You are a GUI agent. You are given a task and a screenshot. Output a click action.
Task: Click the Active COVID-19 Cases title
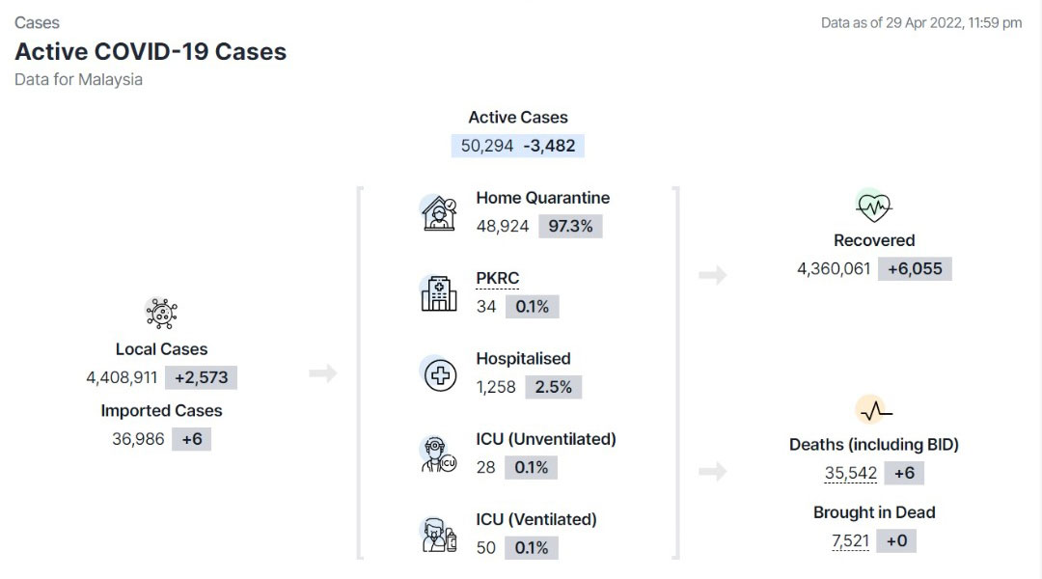[151, 51]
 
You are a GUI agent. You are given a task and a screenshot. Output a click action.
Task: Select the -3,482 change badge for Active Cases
[550, 146]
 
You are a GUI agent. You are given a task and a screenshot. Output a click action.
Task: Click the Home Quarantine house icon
[439, 212]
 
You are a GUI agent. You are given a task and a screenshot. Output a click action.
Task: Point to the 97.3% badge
[570, 226]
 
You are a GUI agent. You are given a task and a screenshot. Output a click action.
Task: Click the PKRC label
[498, 278]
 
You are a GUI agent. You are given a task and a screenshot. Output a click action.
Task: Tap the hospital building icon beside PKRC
[439, 293]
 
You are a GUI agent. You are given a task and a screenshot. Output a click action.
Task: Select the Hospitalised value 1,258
[496, 387]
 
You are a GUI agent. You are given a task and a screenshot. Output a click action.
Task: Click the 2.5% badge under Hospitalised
[554, 387]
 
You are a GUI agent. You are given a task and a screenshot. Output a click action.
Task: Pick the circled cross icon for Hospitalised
[440, 375]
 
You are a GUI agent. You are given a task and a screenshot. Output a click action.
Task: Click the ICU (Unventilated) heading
[545, 439]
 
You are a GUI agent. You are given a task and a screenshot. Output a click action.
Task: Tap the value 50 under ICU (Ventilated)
[485, 548]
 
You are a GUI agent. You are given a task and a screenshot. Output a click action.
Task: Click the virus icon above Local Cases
[161, 313]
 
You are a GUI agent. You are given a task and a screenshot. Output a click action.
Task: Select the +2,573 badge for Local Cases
[202, 377]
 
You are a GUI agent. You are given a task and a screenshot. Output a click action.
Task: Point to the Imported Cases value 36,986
[138, 439]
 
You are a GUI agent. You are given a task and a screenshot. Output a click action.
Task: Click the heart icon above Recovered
[874, 207]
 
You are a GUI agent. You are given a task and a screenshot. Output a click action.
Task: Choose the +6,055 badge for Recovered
[915, 268]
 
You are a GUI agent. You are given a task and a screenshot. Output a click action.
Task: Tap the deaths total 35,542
[851, 473]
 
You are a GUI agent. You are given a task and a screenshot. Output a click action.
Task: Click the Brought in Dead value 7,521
[850, 540]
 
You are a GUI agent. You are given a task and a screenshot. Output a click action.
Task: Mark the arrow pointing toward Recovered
[712, 275]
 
